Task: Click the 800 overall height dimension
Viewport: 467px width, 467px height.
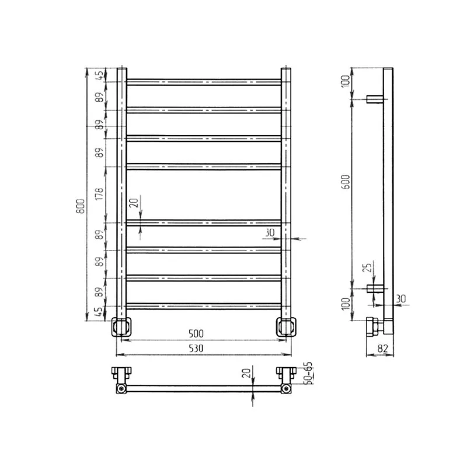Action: point(81,206)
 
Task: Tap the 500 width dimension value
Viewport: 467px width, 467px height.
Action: point(196,333)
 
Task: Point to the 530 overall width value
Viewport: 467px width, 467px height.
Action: point(196,348)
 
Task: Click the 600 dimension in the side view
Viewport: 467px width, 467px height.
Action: point(346,182)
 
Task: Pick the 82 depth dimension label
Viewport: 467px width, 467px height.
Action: point(383,348)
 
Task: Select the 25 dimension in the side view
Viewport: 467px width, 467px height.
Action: point(369,267)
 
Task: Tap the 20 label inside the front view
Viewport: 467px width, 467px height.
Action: point(134,203)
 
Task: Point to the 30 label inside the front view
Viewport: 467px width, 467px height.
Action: point(270,232)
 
